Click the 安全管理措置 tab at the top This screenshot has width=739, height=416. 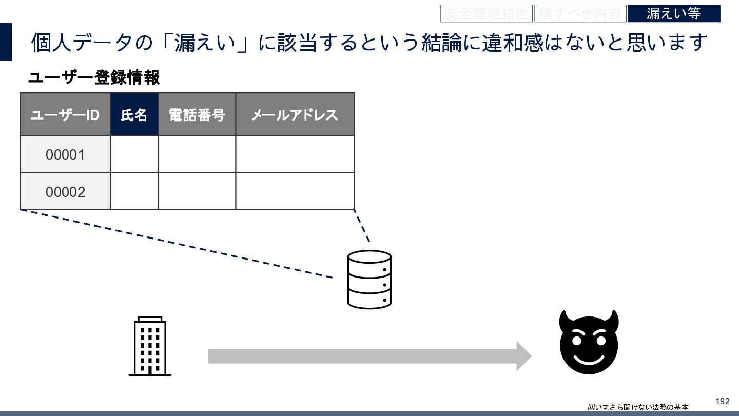pos(486,13)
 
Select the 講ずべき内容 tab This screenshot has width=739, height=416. pos(580,13)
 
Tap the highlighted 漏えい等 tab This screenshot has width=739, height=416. pos(673,13)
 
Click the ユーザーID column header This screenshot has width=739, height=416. pos(65,114)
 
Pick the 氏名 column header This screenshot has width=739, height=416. pos(134,114)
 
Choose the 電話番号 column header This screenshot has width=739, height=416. pos(197,114)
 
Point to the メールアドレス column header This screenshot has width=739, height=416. pos(295,114)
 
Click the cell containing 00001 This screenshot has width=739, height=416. pos(65,154)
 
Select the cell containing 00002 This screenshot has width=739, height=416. pos(65,191)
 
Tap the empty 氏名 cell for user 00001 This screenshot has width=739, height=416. pos(134,154)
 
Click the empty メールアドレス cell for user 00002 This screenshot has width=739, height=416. pos(295,191)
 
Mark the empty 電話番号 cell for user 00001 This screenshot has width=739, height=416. pos(197,154)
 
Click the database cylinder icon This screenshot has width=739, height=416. pos(369,279)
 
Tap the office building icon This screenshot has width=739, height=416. pos(150,346)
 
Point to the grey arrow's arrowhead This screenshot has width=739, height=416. pos(523,356)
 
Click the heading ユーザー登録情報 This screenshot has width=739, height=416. pos(94,78)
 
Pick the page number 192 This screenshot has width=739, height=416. pos(722,401)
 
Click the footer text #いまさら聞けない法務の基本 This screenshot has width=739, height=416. pos(638,407)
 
